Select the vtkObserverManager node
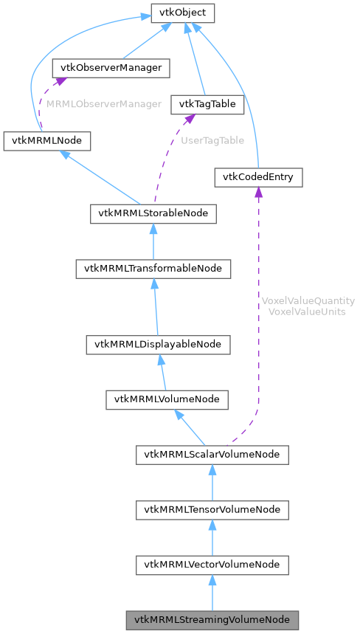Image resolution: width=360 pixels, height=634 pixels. point(111,68)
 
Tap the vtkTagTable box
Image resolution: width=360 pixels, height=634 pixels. point(207,104)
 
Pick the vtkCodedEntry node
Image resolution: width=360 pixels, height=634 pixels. point(258,177)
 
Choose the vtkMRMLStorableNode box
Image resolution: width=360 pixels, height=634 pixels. point(153,214)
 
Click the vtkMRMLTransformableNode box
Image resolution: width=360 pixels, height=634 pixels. point(153,269)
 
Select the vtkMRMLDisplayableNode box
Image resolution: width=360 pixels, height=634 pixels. point(158,344)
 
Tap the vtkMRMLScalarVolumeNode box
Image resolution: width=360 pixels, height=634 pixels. point(212,455)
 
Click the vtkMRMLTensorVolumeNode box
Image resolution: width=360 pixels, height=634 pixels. point(212,510)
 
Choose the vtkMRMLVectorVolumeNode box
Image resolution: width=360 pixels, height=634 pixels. point(212,565)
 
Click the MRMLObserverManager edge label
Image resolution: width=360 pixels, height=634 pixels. point(103,104)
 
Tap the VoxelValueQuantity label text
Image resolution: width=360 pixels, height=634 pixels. point(308,301)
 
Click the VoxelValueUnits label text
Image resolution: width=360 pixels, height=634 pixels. point(308,311)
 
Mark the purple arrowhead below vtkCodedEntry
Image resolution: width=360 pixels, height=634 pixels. point(258,193)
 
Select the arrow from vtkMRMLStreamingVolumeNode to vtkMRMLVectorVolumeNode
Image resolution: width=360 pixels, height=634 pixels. point(212,593)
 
